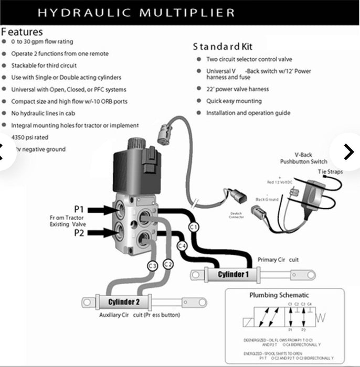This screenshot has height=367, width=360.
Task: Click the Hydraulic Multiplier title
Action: tap(136, 12)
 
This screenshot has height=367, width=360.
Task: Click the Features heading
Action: tap(22, 31)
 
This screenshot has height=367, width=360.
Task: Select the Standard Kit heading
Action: tap(223, 47)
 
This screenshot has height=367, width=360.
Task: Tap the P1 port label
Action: tap(79, 210)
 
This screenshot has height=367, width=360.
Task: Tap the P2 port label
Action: tap(79, 232)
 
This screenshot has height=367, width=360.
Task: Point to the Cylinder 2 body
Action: tap(124, 303)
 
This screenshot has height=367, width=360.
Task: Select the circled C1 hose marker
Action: tap(193, 227)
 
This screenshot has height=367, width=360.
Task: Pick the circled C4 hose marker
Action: tap(182, 245)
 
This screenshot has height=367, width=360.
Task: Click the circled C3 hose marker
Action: tap(153, 266)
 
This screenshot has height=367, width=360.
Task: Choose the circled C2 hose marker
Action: tap(168, 264)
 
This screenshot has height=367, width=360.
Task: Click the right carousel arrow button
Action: tap(348, 152)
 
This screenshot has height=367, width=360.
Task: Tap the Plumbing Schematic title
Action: tap(279, 295)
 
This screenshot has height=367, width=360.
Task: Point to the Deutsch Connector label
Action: tap(237, 215)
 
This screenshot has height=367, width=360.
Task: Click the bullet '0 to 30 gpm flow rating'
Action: tap(42, 41)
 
